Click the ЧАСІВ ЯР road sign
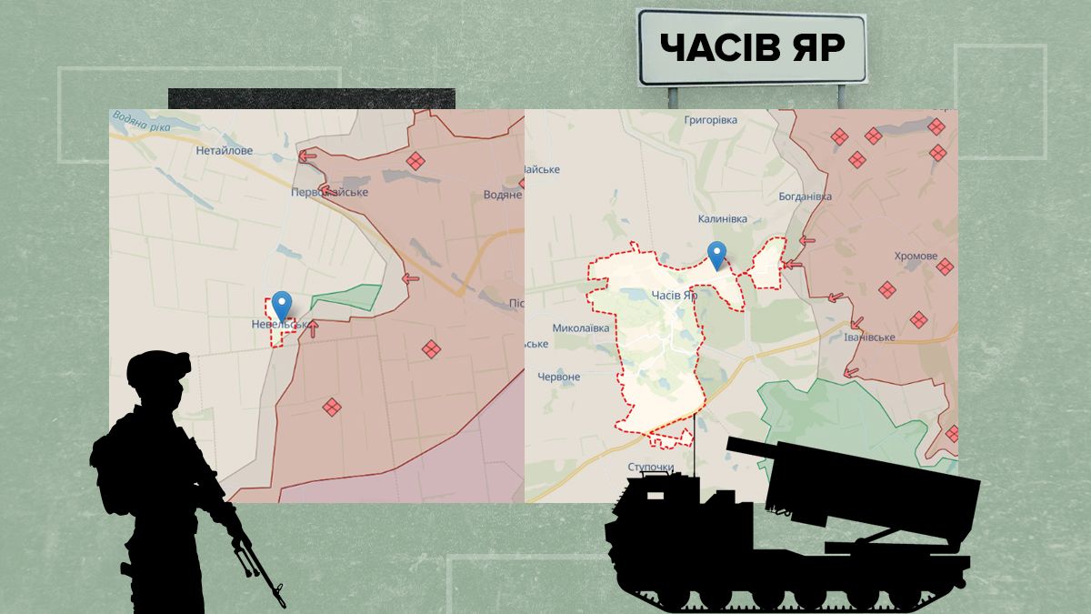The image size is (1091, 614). (751, 46)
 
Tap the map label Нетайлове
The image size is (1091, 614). (224, 150)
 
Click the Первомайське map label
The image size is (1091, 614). (329, 193)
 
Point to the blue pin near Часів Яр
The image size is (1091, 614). (717, 255)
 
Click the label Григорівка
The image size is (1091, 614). (715, 119)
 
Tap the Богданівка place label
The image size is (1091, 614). (805, 196)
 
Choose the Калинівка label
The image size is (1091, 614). (722, 219)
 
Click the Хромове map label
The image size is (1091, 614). (915, 257)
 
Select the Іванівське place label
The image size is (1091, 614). (869, 337)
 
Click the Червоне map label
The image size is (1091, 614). (558, 377)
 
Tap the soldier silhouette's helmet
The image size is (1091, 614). (156, 368)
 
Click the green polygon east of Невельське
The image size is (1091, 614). (346, 297)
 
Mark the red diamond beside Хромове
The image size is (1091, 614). (945, 267)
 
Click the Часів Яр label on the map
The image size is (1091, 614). (674, 295)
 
